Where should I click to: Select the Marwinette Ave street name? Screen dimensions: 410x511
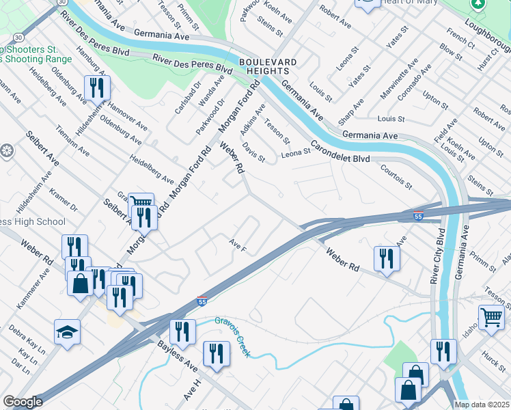408,78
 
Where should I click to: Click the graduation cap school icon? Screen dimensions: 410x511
67,331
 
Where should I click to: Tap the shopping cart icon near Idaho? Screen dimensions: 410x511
491,317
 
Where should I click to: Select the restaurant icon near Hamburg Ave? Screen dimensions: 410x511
97,87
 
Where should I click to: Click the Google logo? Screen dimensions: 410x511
23,402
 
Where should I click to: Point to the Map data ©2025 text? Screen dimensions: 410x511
482,405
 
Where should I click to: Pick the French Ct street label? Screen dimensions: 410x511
459,38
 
